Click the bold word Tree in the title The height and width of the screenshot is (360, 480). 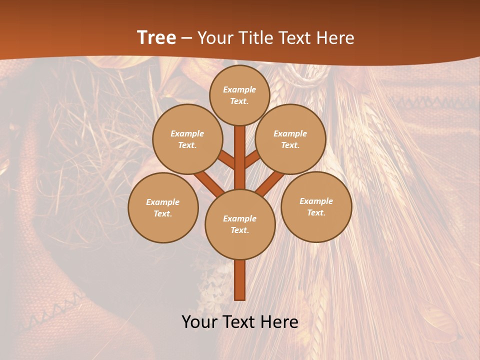point(156,37)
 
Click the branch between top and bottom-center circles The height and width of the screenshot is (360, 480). point(240,157)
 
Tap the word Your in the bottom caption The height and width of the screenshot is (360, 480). point(200,322)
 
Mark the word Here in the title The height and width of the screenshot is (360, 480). point(335,38)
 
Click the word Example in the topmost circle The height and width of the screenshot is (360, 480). point(239,89)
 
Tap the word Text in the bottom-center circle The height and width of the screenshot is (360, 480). point(239,230)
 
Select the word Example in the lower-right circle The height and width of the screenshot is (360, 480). point(316,201)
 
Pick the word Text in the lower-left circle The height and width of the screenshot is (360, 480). point(163,214)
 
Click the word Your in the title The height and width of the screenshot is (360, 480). point(214,38)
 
